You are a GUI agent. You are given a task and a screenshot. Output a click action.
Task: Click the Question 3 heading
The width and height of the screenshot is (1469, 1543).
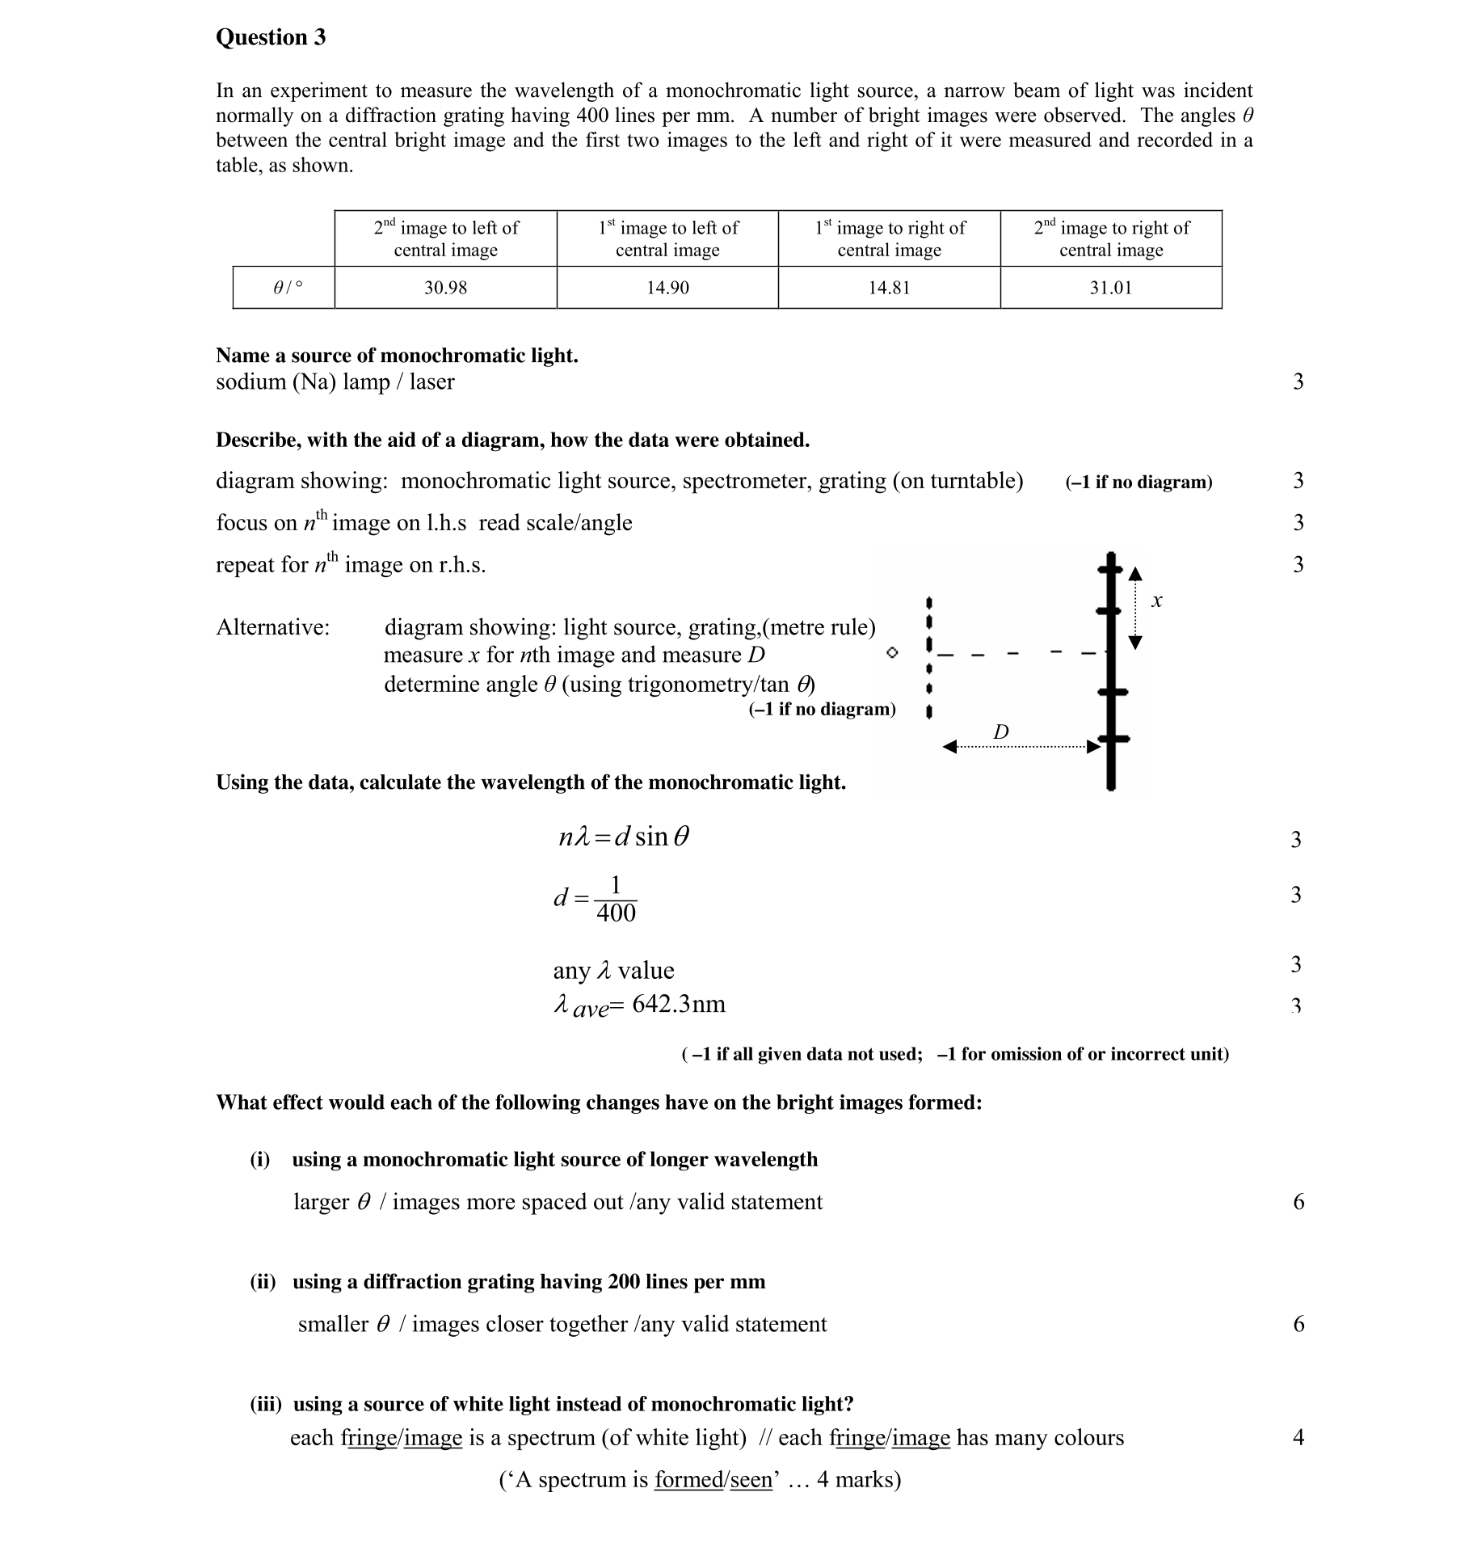coord(271,37)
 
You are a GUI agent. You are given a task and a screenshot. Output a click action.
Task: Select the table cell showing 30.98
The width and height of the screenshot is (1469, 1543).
coord(445,288)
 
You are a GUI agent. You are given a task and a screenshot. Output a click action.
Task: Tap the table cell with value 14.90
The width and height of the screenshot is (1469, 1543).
coord(667,288)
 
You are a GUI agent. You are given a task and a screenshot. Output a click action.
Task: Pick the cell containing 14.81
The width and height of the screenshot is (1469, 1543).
coord(889,288)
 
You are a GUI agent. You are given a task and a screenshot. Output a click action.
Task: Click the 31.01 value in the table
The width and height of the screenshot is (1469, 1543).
coord(1110,288)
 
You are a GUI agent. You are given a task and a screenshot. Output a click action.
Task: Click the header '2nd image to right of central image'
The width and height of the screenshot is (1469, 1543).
coord(1111,238)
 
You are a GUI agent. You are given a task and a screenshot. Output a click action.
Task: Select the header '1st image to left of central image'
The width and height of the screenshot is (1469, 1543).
coord(667,238)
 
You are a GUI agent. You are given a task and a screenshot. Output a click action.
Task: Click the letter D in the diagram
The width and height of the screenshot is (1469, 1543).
coord(1000,732)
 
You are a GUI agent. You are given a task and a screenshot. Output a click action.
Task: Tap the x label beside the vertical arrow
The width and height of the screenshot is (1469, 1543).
coord(1156,601)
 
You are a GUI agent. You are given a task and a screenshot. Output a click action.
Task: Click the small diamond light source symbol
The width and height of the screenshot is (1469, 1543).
coord(891,652)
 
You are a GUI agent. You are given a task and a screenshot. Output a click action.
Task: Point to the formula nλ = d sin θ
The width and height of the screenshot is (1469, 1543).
coord(624,837)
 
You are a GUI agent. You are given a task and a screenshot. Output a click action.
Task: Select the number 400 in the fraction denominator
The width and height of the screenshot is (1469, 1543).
coord(616,913)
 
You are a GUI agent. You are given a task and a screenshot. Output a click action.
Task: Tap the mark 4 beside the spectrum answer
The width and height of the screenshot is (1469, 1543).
coord(1298,1437)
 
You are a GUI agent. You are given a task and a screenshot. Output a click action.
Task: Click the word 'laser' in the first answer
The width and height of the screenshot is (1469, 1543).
coord(431,382)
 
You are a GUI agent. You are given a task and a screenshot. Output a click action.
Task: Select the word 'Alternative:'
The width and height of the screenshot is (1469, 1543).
coord(272,627)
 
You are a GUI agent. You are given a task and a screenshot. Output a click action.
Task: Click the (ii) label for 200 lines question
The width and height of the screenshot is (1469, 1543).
coord(263,1281)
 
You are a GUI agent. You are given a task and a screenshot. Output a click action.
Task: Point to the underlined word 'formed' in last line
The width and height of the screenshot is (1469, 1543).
coord(688,1479)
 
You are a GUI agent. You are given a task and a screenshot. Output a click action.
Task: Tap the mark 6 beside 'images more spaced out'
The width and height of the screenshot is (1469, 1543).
coord(1299,1202)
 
